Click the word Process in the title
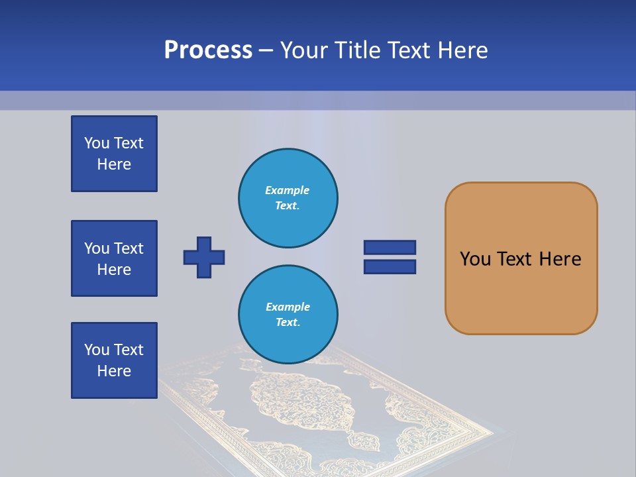[x=208, y=50]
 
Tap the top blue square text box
[x=114, y=154]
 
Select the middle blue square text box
[x=114, y=258]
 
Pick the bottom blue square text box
[x=114, y=360]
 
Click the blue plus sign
[x=204, y=257]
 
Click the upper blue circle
[x=288, y=197]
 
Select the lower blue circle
[x=288, y=314]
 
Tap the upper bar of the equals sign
[x=390, y=247]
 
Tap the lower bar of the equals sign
[x=390, y=266]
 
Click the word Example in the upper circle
[x=288, y=190]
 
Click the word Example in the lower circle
[x=288, y=307]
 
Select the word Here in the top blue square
[x=114, y=164]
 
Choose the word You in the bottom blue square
[x=97, y=350]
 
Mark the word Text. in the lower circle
[x=288, y=323]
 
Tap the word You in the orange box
[x=475, y=259]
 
